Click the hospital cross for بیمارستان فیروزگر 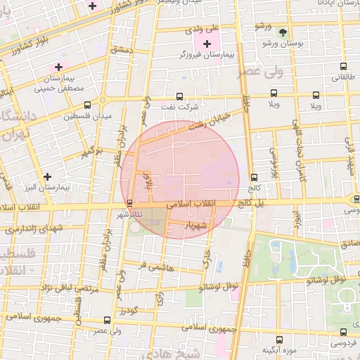point(206,44)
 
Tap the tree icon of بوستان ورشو point(283,33)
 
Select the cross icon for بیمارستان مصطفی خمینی point(58,67)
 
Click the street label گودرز point(127,309)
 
